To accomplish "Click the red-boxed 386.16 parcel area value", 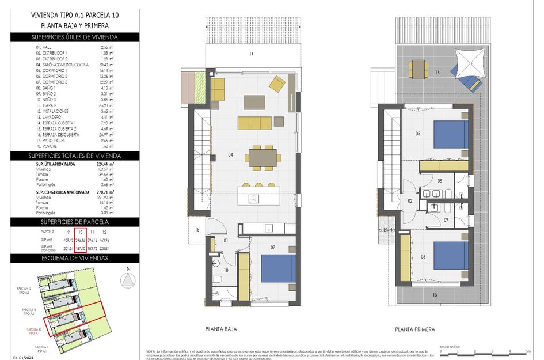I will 81,240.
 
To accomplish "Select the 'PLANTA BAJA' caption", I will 221,329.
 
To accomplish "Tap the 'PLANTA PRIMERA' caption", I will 414,329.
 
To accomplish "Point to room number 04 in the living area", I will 230,155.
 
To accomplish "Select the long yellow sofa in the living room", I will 254,123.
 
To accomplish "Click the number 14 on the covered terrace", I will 251,54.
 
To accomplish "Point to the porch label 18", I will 198,230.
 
